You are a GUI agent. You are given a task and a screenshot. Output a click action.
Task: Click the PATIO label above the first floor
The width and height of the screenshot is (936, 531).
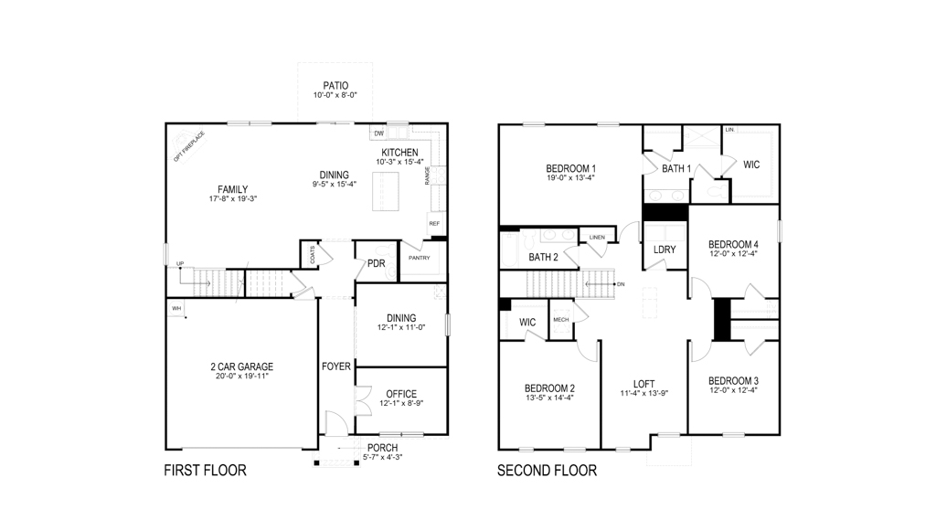[335, 85]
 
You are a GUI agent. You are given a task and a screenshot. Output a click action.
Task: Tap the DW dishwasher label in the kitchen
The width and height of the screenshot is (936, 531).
[378, 133]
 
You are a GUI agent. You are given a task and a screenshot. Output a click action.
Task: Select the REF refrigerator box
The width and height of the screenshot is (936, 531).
[434, 224]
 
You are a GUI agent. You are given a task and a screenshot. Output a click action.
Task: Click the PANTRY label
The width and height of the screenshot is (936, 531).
[420, 258]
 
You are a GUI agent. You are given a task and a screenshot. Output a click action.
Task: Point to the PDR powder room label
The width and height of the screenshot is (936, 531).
[376, 264]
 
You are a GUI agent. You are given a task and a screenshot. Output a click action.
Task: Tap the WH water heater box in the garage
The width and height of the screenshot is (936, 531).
[177, 309]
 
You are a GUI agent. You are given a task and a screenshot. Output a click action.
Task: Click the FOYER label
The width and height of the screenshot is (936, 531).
[336, 366]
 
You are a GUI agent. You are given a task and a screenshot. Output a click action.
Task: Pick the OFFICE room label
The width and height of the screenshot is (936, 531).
[400, 394]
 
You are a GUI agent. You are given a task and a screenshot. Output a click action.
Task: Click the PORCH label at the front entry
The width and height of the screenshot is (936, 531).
[383, 448]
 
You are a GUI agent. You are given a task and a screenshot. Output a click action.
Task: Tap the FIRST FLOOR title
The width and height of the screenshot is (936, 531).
[205, 472]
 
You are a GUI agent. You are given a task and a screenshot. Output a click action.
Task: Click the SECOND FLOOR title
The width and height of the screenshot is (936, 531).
[547, 472]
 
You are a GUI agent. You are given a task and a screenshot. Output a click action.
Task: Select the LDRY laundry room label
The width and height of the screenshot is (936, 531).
[665, 250]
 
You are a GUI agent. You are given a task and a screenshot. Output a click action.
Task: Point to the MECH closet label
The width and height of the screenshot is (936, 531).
[560, 319]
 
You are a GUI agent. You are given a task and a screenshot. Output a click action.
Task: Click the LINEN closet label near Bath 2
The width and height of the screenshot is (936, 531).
[597, 238]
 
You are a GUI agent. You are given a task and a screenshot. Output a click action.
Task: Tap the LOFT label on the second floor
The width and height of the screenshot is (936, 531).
[643, 384]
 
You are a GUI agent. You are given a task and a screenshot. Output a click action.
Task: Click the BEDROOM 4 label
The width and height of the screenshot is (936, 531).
[733, 244]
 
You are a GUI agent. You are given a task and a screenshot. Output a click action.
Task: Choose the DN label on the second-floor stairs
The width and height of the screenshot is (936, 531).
[621, 284]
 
